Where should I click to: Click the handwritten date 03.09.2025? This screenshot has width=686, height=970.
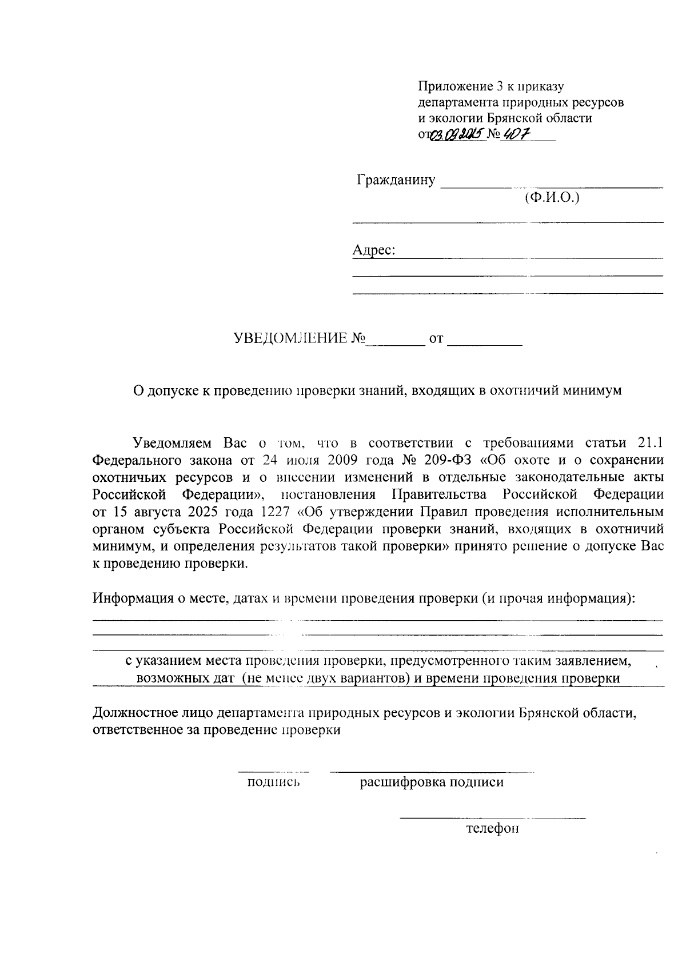tap(457, 135)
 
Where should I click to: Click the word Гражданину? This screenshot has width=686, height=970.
tap(396, 181)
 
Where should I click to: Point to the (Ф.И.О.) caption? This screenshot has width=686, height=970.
tap(552, 198)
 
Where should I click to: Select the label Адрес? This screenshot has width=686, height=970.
tap(374, 250)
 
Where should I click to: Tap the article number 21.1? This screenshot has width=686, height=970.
tap(648, 443)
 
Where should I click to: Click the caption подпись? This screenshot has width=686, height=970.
tap(273, 783)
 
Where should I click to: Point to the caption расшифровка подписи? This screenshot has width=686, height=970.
tap(432, 783)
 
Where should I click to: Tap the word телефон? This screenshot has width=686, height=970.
tap(492, 828)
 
